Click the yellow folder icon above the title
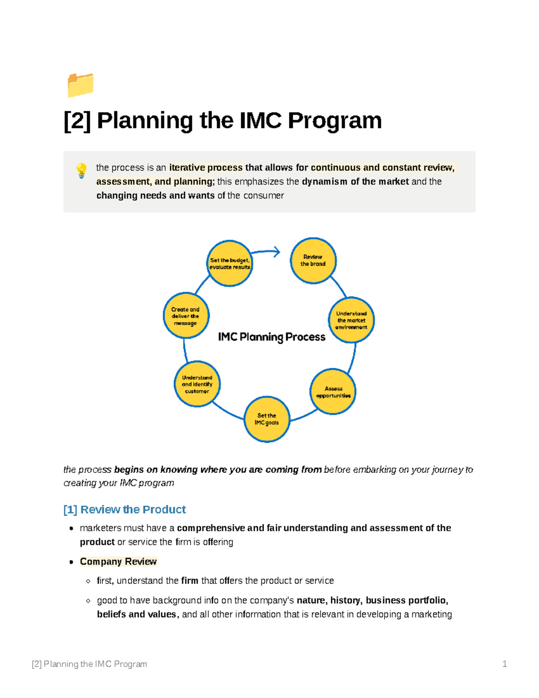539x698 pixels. pyautogui.click(x=80, y=85)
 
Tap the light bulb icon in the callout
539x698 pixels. pyautogui.click(x=81, y=171)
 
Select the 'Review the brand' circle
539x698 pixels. pyautogui.click(x=313, y=261)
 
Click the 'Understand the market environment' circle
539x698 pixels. pyautogui.click(x=351, y=320)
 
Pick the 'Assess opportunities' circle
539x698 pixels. pyautogui.click(x=333, y=392)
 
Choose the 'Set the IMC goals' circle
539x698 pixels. pyautogui.click(x=267, y=419)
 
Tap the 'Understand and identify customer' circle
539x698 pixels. pyautogui.click(x=197, y=384)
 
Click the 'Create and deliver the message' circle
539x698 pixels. pyautogui.click(x=186, y=316)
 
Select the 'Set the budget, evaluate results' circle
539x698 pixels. pyautogui.click(x=230, y=263)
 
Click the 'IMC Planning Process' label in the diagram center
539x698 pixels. pyautogui.click(x=272, y=337)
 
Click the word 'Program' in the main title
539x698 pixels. pyautogui.click(x=335, y=120)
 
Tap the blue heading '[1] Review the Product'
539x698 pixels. pyautogui.click(x=124, y=509)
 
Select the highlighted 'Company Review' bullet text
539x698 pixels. pyautogui.click(x=118, y=561)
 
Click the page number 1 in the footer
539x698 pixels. pyautogui.click(x=504, y=664)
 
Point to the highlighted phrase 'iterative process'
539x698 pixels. pyautogui.click(x=206, y=168)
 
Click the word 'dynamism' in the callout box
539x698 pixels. pyautogui.click(x=324, y=182)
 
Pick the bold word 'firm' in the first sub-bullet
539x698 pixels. pyautogui.click(x=190, y=581)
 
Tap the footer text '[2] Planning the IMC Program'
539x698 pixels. pyautogui.click(x=89, y=664)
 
